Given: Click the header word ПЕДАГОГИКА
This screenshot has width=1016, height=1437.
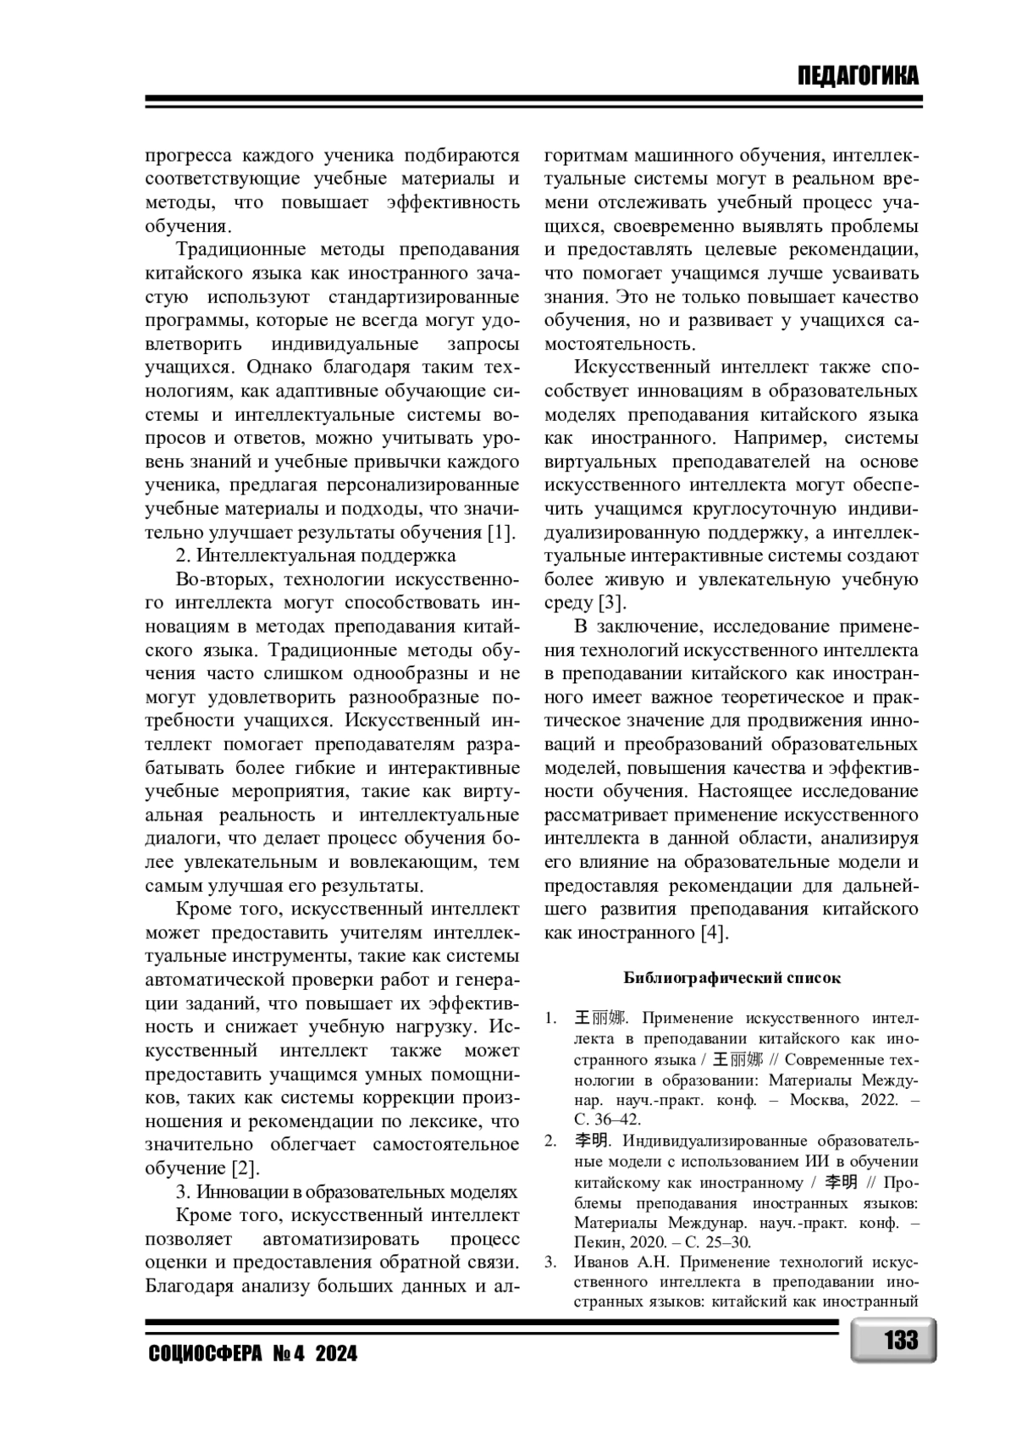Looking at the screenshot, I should [x=857, y=76].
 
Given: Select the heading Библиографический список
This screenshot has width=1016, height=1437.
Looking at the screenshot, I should [x=732, y=978].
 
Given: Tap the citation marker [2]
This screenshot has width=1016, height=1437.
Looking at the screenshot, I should [x=245, y=1169].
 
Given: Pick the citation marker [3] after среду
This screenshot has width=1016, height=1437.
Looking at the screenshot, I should [x=611, y=603].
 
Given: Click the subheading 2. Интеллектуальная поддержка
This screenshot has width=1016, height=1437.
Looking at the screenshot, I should [x=316, y=555].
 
